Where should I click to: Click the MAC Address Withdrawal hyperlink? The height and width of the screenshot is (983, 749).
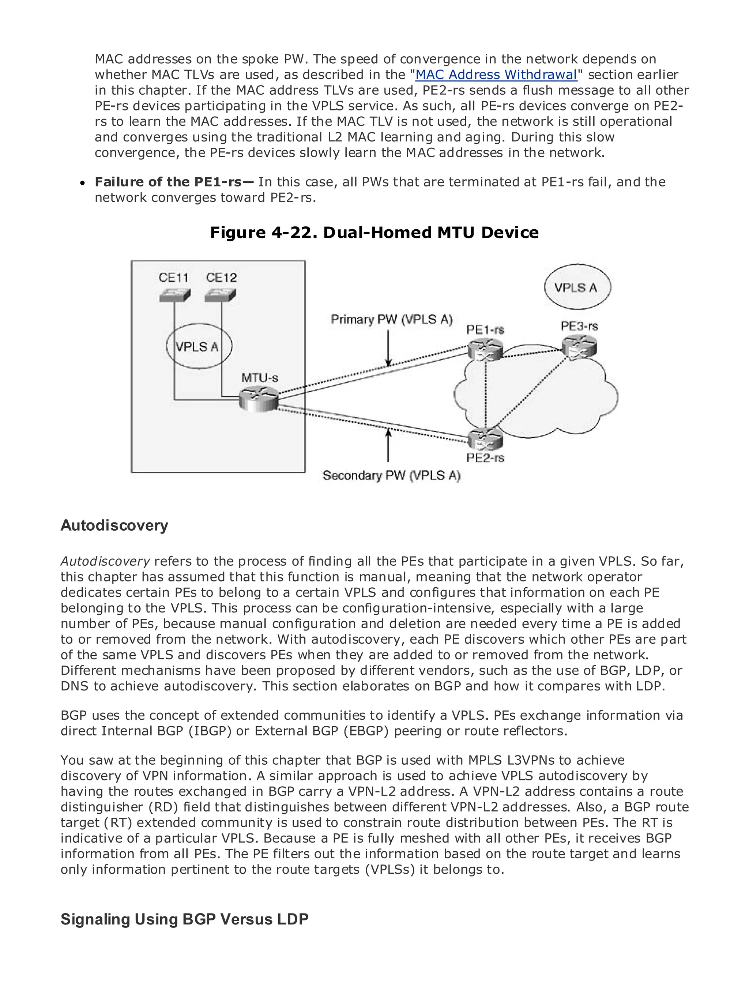click(496, 75)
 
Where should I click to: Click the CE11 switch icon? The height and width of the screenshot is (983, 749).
click(174, 295)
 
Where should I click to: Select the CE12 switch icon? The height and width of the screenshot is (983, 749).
click(221, 295)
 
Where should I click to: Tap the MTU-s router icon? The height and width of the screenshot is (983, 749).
click(258, 399)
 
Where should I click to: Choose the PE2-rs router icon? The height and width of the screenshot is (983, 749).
click(486, 439)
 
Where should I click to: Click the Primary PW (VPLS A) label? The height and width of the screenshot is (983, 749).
click(391, 319)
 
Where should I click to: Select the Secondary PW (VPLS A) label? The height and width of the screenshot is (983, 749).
click(391, 475)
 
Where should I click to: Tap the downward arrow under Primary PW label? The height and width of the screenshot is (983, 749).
click(389, 348)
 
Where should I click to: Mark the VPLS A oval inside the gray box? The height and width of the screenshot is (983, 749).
click(199, 347)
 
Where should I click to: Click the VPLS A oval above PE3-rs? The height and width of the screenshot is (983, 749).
click(577, 287)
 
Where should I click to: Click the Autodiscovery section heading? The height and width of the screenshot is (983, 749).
click(114, 525)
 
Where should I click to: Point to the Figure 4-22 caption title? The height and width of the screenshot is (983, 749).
click(374, 232)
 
